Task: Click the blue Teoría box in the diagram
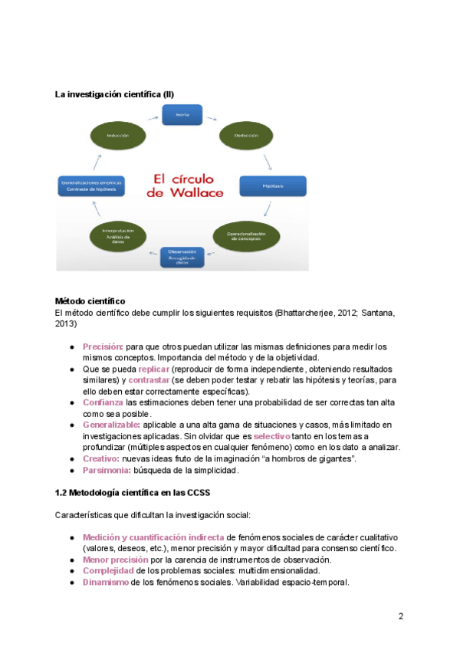tap(182, 115)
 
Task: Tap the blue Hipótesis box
tap(273, 185)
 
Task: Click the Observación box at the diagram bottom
tap(182, 255)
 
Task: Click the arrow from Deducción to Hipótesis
tap(267, 161)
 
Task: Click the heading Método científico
tap(90, 301)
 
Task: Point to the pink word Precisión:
tap(103, 346)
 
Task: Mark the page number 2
tap(401, 616)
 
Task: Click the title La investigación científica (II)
tap(114, 94)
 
